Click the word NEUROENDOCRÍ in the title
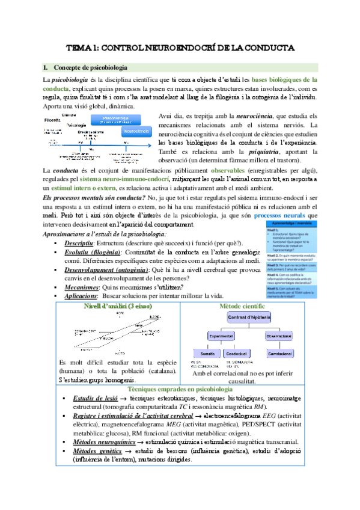pyautogui.click(x=180, y=47)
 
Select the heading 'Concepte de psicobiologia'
pyautogui.click(x=90, y=67)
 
